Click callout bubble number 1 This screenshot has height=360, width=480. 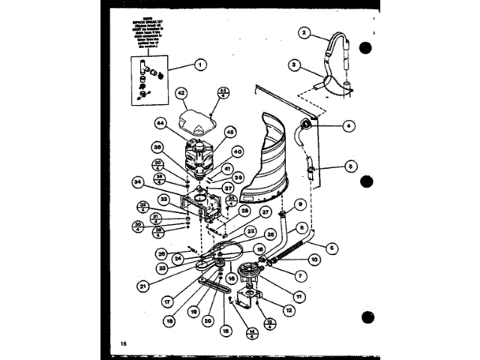(199, 65)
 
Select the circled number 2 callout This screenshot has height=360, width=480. (304, 32)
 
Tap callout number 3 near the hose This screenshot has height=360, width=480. (296, 65)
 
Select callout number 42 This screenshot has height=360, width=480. (181, 93)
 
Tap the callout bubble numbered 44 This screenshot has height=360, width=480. (160, 123)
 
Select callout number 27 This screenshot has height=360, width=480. (265, 213)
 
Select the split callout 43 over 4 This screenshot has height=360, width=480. (223, 93)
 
